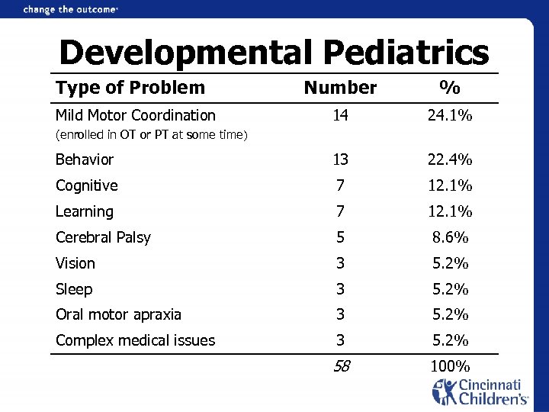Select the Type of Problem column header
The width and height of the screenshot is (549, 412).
pyautogui.click(x=130, y=88)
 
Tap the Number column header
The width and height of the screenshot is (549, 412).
pyautogui.click(x=340, y=88)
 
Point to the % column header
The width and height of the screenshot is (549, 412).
pyautogui.click(x=450, y=88)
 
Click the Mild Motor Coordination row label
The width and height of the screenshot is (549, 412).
pyautogui.click(x=136, y=116)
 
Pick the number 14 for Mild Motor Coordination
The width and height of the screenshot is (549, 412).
pyautogui.click(x=340, y=116)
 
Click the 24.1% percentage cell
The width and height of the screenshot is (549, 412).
pyautogui.click(x=451, y=116)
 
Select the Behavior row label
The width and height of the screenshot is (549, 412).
pyautogui.click(x=85, y=159)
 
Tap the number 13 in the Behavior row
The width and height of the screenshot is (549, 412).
pyautogui.click(x=340, y=159)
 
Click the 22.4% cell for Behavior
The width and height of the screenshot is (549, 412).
pyautogui.click(x=451, y=159)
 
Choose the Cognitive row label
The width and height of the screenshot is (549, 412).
pyautogui.click(x=87, y=185)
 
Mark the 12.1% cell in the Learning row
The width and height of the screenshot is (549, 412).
pyautogui.click(x=451, y=211)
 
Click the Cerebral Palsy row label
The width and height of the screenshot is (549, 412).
pyautogui.click(x=104, y=237)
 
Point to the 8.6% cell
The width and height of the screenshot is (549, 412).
pyautogui.click(x=451, y=237)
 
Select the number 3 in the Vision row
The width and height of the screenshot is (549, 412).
pyautogui.click(x=340, y=263)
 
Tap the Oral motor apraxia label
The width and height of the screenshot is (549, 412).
pyautogui.click(x=119, y=314)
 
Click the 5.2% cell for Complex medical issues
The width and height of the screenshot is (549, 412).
pyautogui.click(x=451, y=340)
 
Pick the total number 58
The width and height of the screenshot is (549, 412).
pyautogui.click(x=341, y=366)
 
